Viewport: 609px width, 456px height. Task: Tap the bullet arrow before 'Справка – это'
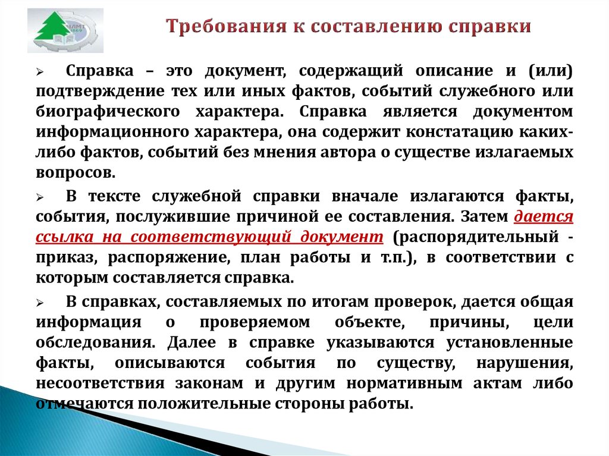coord(40,72)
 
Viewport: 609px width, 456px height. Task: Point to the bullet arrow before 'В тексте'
coord(40,197)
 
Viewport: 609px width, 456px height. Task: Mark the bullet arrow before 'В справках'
coord(40,303)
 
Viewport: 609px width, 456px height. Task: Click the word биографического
coord(108,112)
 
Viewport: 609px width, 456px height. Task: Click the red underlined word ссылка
coord(64,237)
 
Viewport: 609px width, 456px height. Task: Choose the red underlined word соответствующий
coord(211,237)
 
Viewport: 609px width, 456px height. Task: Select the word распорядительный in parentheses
coord(476,237)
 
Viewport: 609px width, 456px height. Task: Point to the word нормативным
coord(404,383)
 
